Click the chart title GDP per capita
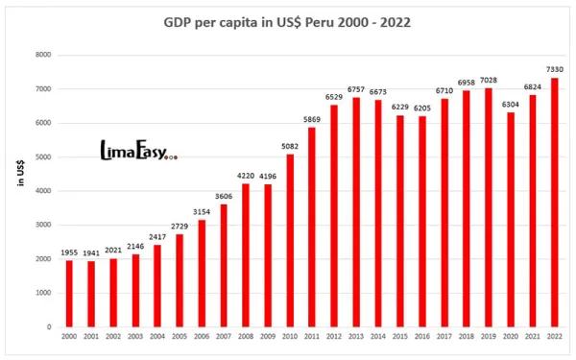(x=287, y=22)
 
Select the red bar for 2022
(x=555, y=202)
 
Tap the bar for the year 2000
(x=68, y=293)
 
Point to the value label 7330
(x=555, y=68)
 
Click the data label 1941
(x=90, y=252)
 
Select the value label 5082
(x=290, y=145)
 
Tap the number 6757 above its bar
(x=356, y=88)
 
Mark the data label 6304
(x=511, y=104)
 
